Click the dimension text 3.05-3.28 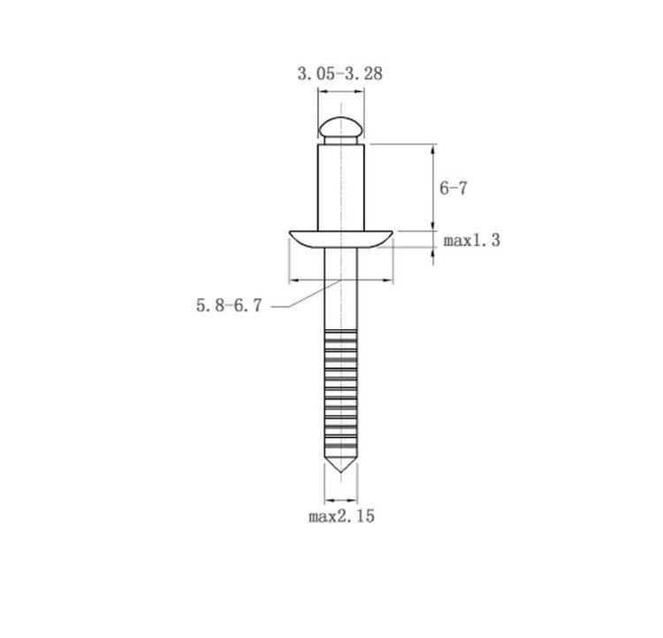click(340, 73)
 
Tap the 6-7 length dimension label click(453, 188)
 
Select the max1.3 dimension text click(472, 241)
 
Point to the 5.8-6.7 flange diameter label click(229, 305)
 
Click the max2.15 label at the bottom click(341, 517)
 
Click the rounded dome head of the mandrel click(341, 127)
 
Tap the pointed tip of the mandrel click(341, 472)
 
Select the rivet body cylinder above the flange click(341, 188)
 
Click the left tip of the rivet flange click(290, 232)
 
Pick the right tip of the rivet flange click(392, 232)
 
